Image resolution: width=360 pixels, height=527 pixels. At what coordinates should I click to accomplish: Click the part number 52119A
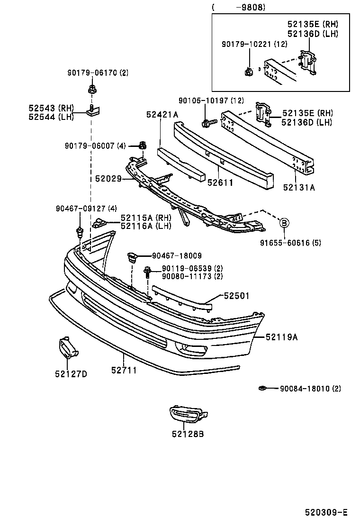pos(281,337)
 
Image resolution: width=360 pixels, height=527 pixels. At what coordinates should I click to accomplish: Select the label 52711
pos(124,370)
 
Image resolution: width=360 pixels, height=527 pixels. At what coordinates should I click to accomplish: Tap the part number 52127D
pos(71,374)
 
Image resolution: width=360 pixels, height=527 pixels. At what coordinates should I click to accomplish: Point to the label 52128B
pos(188,433)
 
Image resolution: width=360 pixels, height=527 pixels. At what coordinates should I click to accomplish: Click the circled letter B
pos(284,222)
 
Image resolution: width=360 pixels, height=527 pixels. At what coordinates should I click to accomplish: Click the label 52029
pos(108,179)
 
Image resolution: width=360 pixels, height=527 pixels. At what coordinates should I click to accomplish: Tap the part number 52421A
pos(162,114)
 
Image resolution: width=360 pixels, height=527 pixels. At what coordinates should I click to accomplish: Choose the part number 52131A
pos(299,187)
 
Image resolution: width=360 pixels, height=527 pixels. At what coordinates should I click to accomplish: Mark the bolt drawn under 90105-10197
pos(207,123)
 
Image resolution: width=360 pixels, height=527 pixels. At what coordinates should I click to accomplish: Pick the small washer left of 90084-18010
pos(262,389)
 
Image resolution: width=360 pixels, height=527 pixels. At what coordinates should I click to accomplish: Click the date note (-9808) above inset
pos(239,7)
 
